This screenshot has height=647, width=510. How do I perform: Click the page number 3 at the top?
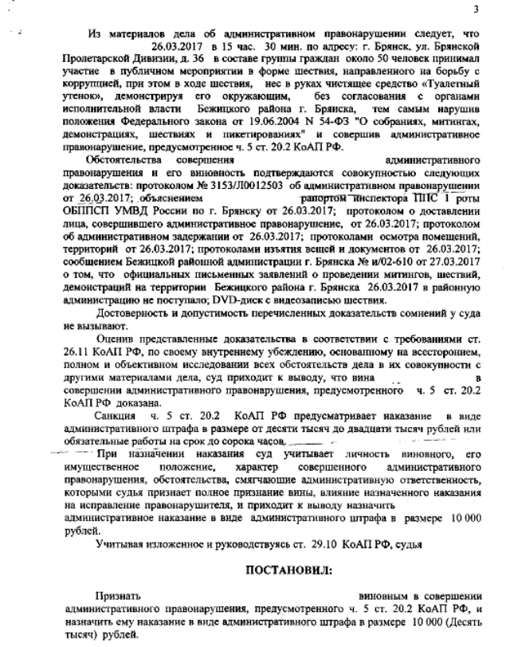click(x=475, y=10)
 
